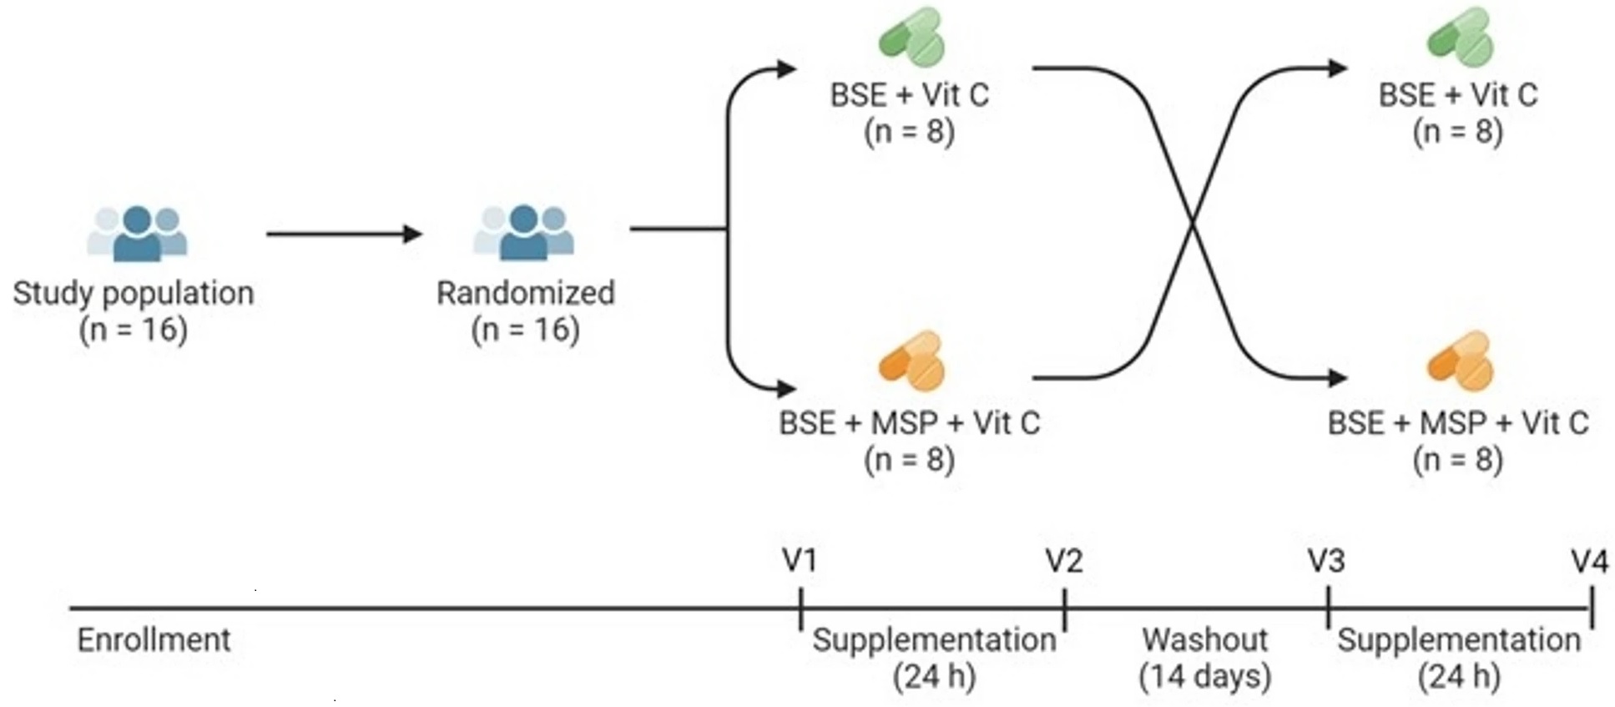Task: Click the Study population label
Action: [133, 294]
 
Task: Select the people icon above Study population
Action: [138, 233]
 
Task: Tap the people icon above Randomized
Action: [523, 233]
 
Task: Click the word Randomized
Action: [525, 294]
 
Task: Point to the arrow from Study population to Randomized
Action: [343, 234]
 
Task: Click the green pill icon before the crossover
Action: [911, 38]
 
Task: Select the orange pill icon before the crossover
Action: [911, 361]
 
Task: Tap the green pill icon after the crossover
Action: [1460, 38]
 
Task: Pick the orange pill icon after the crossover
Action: [1460, 361]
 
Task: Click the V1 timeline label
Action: [800, 561]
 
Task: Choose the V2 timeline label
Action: [1064, 561]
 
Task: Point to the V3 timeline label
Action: [1326, 561]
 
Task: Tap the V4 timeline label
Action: [1589, 561]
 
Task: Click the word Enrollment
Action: [154, 640]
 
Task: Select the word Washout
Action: [1204, 640]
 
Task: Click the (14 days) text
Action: [1204, 676]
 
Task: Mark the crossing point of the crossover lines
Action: [1192, 223]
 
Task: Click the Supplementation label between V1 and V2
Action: [934, 640]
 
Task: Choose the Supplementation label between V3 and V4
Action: [1459, 640]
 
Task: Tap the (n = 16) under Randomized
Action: [525, 330]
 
